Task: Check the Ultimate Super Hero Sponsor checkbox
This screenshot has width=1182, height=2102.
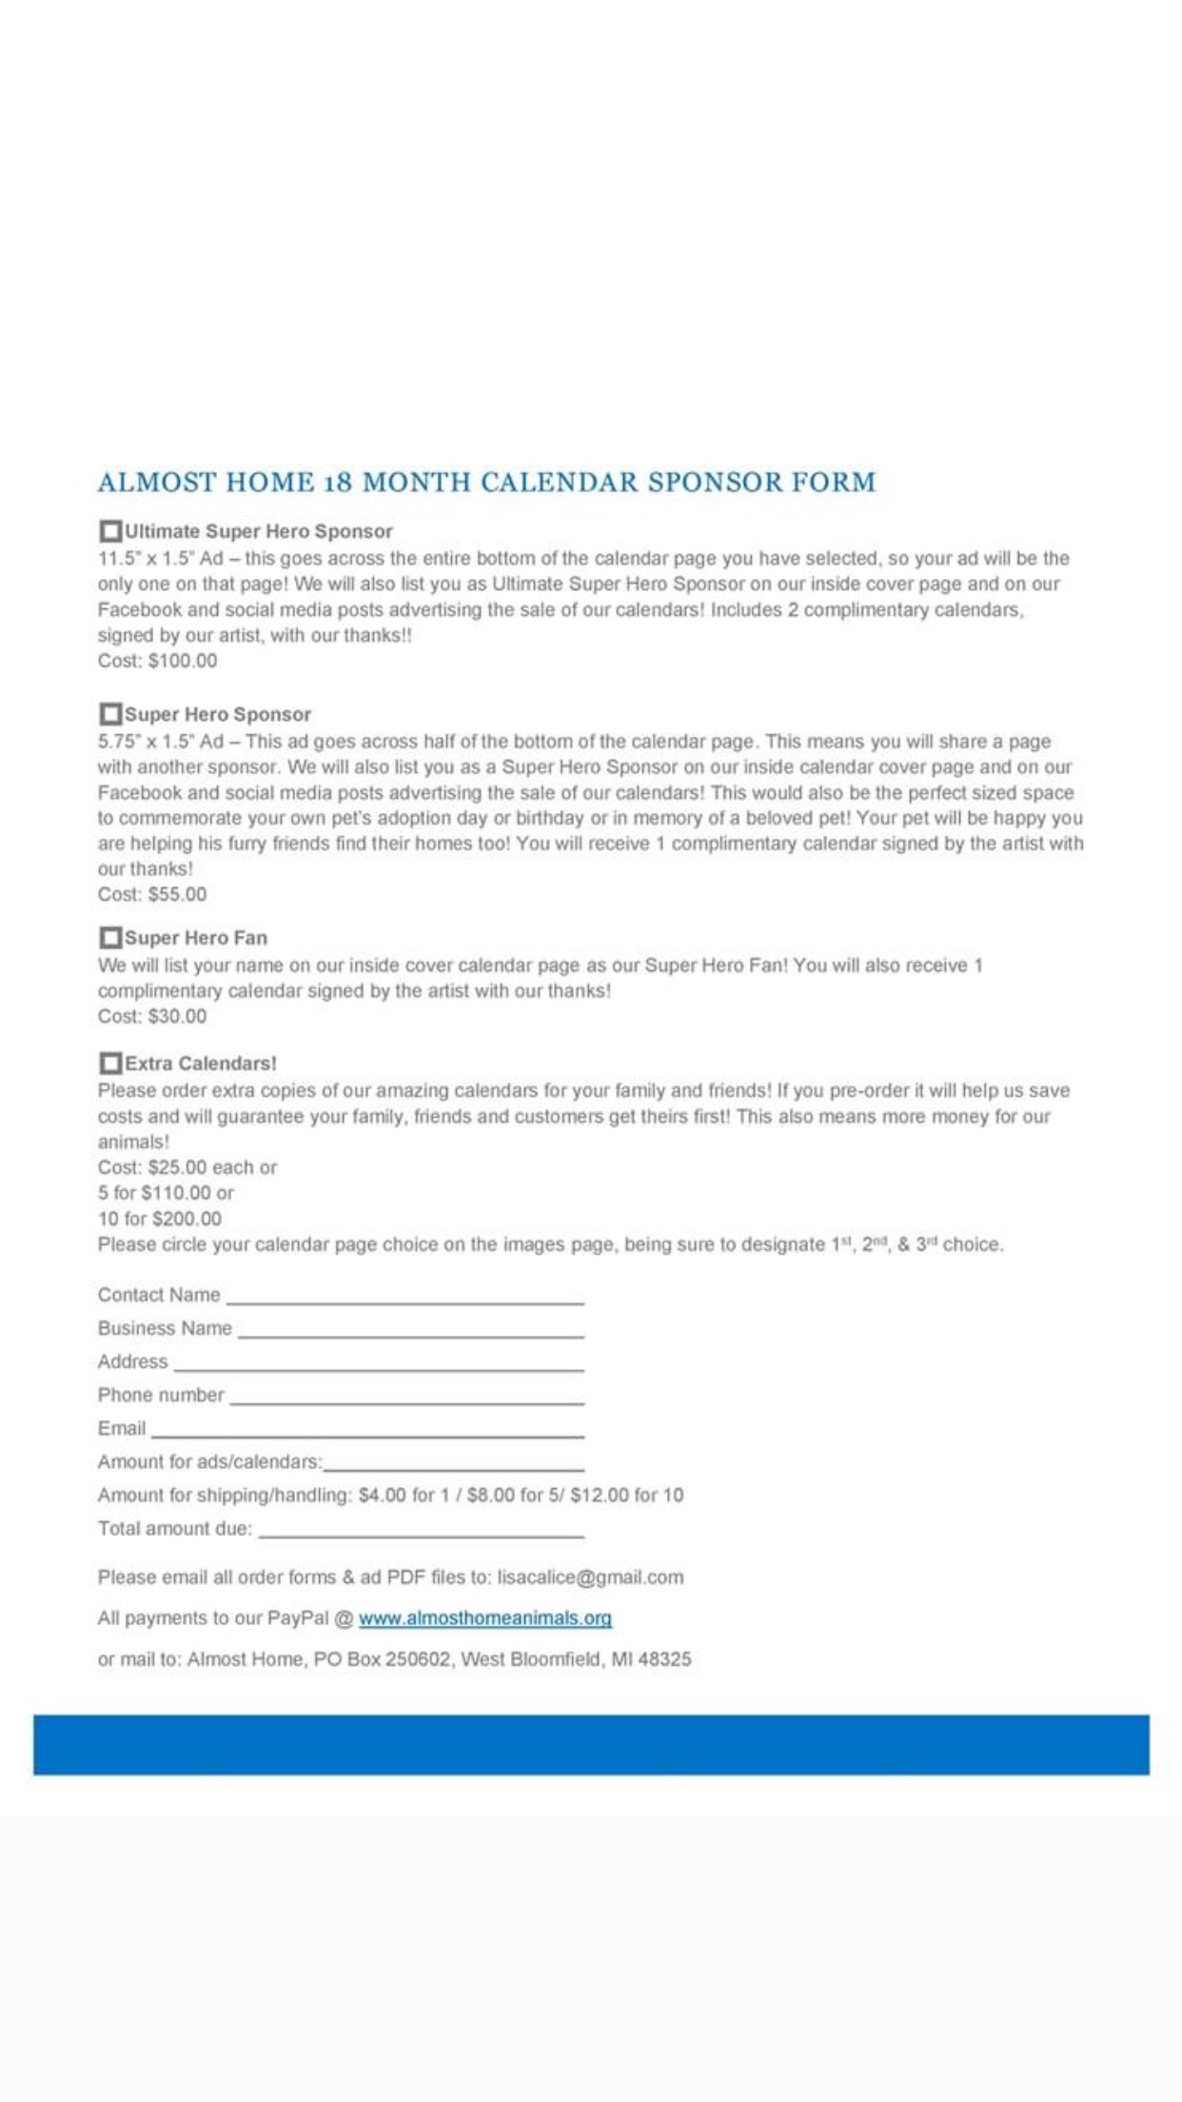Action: pos(110,530)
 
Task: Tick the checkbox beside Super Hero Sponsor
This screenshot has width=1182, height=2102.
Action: pos(110,713)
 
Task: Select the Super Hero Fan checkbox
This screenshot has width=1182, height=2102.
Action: pos(110,937)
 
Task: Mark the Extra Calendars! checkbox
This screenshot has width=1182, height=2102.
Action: pos(110,1062)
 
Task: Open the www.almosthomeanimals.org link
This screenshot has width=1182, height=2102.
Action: pos(484,1618)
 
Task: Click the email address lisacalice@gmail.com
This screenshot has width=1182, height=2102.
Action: pos(590,1577)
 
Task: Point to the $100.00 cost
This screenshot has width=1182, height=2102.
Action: pos(182,661)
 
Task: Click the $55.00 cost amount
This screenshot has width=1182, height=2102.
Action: pos(177,894)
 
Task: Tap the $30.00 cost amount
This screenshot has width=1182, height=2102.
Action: pos(177,1016)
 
